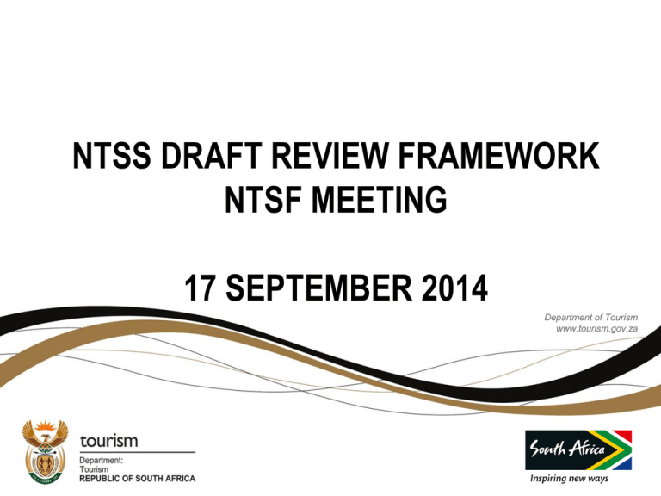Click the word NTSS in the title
112,156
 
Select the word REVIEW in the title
330,156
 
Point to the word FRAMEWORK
498,156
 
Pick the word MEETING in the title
379,200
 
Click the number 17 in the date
200,288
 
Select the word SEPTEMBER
319,288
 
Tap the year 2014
454,288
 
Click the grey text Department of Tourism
591,317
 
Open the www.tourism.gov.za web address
597,329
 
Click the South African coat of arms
45,452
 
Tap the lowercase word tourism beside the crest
108,441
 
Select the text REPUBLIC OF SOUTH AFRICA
138,479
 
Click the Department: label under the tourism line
102,460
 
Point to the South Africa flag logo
578,450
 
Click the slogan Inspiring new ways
569,479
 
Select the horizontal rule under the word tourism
138,452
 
